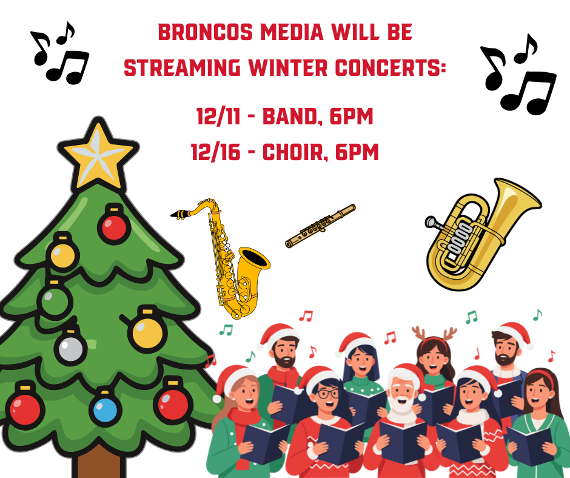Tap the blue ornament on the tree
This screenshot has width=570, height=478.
[x=105, y=409]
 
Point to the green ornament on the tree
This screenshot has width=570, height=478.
[x=55, y=300]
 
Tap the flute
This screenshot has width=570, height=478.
[x=320, y=226]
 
